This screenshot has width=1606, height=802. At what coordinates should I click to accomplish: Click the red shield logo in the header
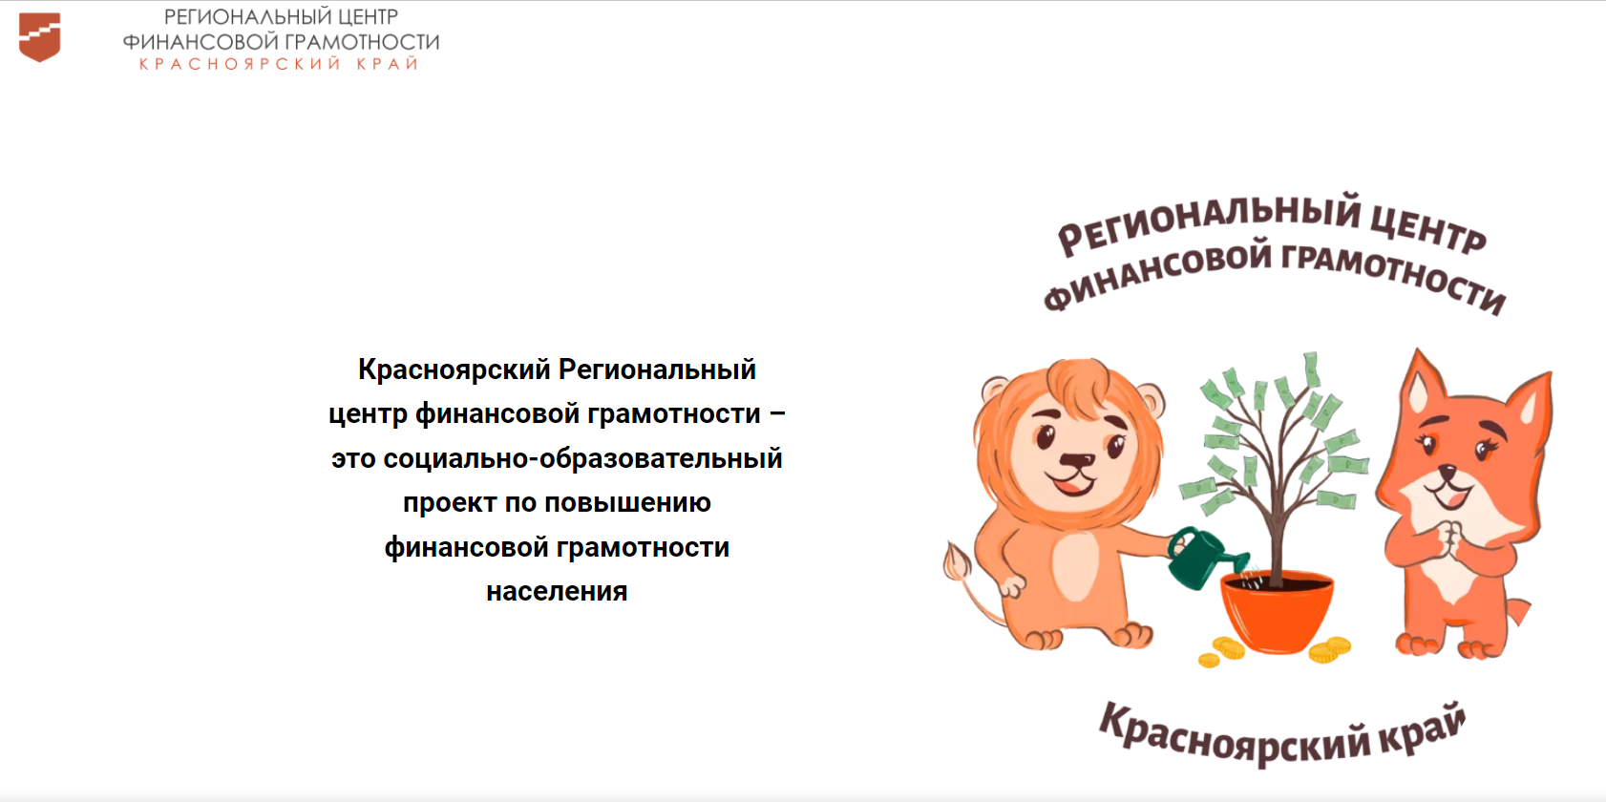(x=39, y=37)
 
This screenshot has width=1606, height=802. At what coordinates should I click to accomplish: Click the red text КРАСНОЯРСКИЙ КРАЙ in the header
(x=279, y=64)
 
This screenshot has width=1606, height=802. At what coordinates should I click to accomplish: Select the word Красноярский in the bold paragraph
(x=454, y=370)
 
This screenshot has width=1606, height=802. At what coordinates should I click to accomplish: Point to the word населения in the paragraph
(x=557, y=591)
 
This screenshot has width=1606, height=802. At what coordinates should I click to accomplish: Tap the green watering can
(x=1205, y=558)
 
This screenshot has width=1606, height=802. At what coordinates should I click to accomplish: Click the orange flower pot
(x=1277, y=611)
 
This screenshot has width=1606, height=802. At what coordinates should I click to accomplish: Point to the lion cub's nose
(x=1077, y=460)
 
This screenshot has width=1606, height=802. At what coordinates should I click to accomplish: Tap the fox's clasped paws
(x=1450, y=538)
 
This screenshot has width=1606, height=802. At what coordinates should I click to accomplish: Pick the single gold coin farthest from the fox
(x=1209, y=660)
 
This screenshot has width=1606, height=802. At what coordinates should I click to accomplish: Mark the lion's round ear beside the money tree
(x=1150, y=401)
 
